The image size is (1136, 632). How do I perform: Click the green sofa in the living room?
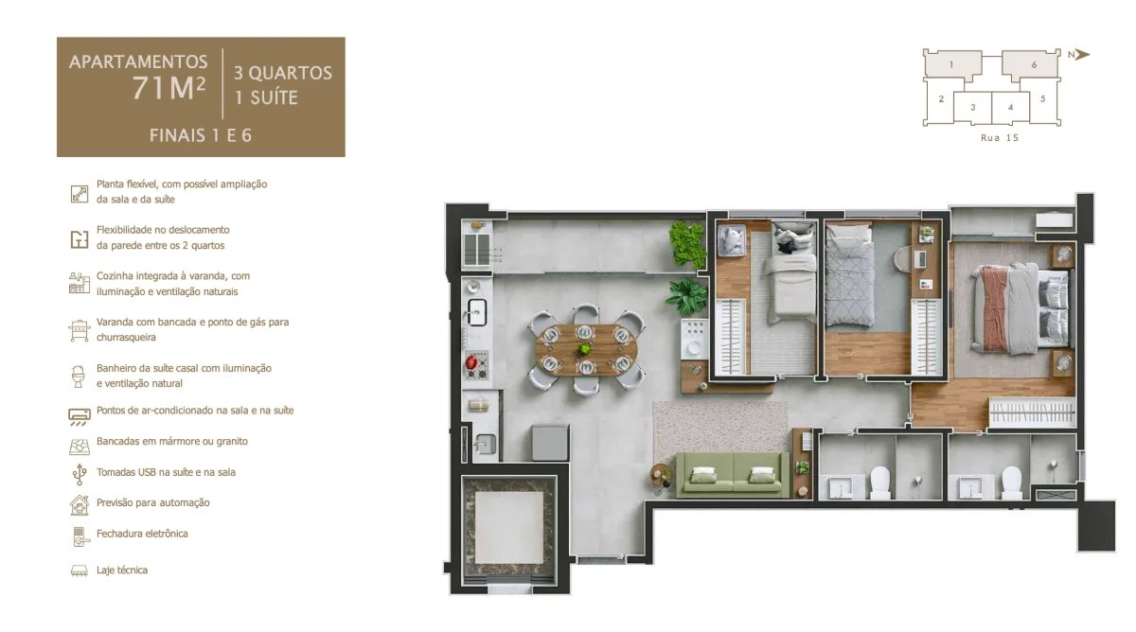732,473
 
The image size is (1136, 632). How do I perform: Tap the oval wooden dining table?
585,348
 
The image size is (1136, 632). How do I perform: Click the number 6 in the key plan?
1035,64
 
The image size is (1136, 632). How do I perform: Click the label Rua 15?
999,137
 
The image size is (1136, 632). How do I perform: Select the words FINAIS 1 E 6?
201,135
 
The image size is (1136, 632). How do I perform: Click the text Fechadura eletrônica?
142,534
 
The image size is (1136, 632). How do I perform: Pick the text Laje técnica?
122,571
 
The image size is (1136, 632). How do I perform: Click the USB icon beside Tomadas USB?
79,473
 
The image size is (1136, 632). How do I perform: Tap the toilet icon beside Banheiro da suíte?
79,376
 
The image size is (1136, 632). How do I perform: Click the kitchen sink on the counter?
477,309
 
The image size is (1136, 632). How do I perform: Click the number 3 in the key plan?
972,107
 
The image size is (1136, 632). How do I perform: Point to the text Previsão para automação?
153,502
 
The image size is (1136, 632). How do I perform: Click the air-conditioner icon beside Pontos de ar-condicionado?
79,414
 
